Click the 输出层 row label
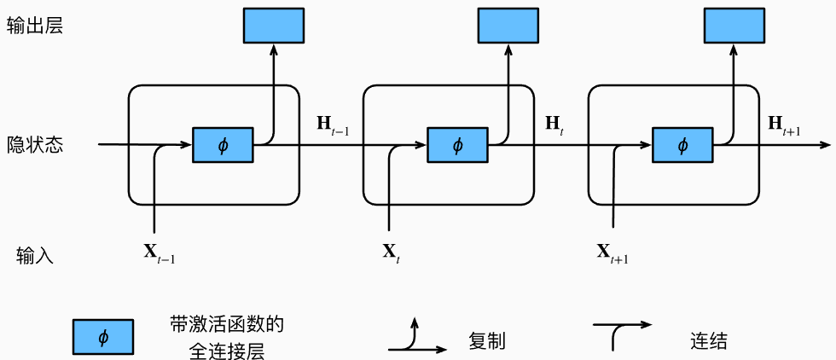coord(35,26)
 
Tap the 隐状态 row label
coord(35,144)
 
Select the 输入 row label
coord(35,255)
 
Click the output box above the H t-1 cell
coord(274,25)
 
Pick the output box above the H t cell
coord(508,25)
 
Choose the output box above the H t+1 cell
coord(734,25)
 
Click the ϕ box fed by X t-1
coord(223,145)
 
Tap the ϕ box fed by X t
coord(457,145)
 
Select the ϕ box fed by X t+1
coord(683,145)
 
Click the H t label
coord(555,125)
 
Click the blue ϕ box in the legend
coord(103,337)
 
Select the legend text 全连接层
coord(227,351)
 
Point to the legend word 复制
coord(487,340)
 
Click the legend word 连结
coord(708,340)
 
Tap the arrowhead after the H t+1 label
coord(826,144)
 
